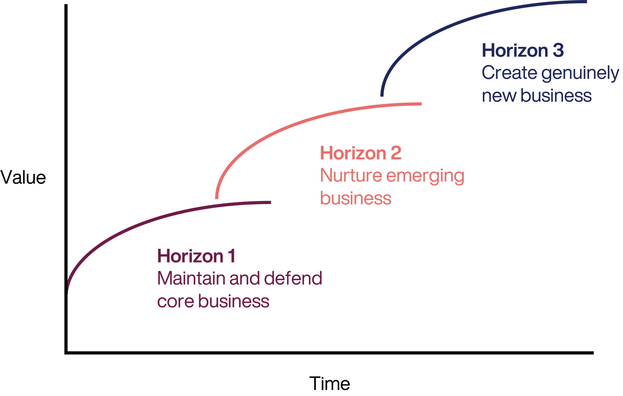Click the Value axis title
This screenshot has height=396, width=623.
23,178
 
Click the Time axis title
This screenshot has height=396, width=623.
329,384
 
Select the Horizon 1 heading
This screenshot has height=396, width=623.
196,256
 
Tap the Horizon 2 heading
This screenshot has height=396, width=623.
360,153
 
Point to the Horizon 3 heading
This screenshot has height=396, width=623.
522,51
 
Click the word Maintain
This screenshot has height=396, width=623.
191,278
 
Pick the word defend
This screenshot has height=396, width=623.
293,278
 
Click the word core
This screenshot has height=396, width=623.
176,301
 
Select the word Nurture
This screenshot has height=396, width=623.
351,176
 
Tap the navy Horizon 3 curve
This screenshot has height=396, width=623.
454,26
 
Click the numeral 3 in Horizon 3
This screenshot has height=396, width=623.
558,51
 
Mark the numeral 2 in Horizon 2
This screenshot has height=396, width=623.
396,153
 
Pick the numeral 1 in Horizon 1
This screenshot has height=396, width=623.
231,256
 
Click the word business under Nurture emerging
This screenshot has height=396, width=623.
356,198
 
